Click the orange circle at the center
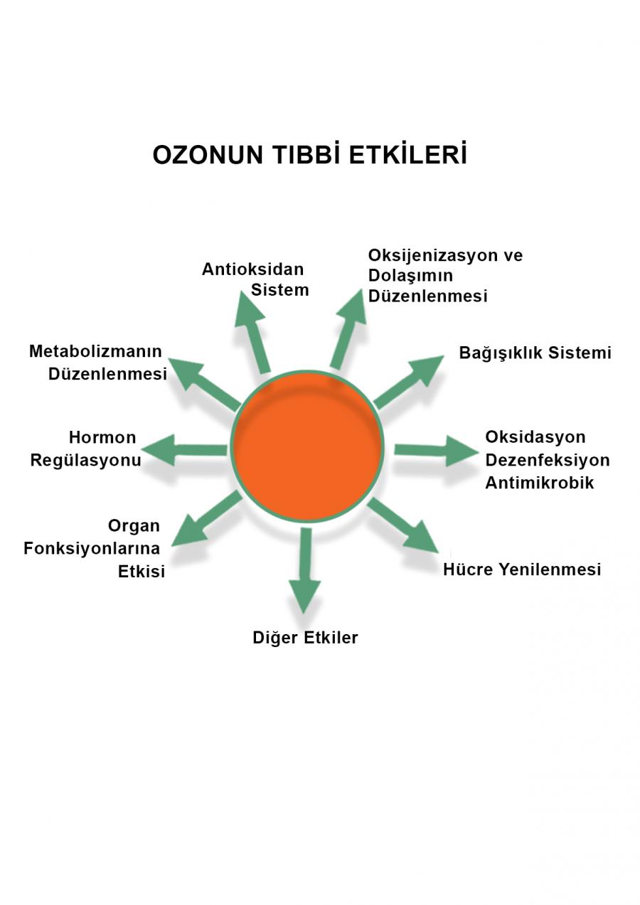point(307,446)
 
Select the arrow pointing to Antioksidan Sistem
point(253,331)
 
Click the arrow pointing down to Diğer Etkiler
point(305,569)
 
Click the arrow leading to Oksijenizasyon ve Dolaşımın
point(348,328)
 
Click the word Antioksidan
point(252,269)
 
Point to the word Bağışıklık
point(498,353)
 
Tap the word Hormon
point(102,437)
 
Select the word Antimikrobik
point(539,483)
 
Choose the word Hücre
point(466,569)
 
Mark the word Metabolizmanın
point(95,351)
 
